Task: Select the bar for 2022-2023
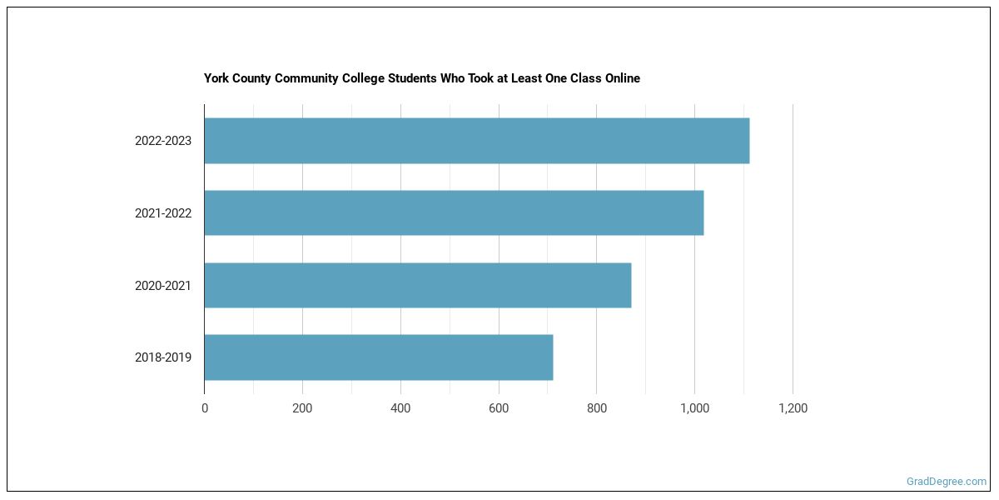click(476, 141)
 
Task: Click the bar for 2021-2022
click(454, 212)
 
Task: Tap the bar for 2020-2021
click(417, 285)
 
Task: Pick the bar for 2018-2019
click(378, 357)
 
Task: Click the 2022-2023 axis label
click(163, 141)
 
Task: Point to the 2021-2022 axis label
click(163, 213)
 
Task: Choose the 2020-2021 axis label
click(163, 286)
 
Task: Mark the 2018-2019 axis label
click(163, 357)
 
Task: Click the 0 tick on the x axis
click(205, 408)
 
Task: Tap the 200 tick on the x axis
click(302, 408)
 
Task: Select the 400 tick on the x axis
click(400, 408)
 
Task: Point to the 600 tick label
click(499, 408)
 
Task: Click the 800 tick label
click(597, 408)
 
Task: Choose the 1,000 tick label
click(694, 408)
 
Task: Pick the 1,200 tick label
click(793, 408)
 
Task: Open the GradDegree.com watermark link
click(947, 482)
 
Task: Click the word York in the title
click(216, 78)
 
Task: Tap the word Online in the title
click(620, 78)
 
